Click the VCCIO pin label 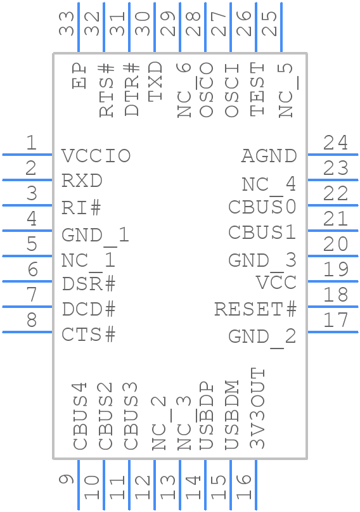(x=96, y=156)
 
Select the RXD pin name (x=82, y=181)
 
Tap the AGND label (x=269, y=156)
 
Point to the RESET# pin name (x=255, y=310)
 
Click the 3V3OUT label (x=257, y=409)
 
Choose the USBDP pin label (x=206, y=416)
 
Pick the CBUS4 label (x=80, y=416)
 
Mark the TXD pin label (x=155, y=81)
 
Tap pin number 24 (x=335, y=143)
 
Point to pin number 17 (x=335, y=320)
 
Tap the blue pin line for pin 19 (x=333, y=281)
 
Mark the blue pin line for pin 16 (x=256, y=485)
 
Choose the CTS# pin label (x=89, y=335)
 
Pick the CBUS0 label (x=262, y=207)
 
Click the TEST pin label (x=257, y=89)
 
